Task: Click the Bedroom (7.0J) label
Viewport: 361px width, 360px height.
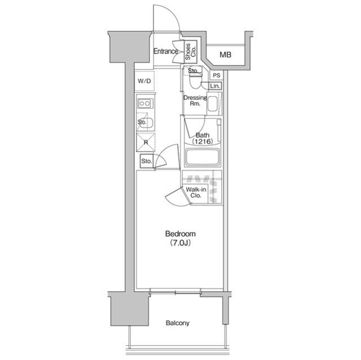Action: (x=180, y=238)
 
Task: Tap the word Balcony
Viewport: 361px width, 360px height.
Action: (x=178, y=323)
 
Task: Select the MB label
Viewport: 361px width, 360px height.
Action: (x=225, y=55)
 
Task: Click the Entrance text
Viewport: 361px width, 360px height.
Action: (x=165, y=51)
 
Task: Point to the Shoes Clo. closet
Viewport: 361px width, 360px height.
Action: (x=191, y=52)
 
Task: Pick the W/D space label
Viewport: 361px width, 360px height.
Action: (x=144, y=81)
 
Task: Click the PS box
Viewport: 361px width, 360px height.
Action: (x=217, y=75)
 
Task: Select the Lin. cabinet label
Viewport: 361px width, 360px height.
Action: (x=215, y=86)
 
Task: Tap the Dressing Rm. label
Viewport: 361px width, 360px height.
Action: (x=195, y=100)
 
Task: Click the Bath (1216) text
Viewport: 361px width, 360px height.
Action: (x=202, y=138)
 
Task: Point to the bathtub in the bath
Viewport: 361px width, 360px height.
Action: (x=202, y=157)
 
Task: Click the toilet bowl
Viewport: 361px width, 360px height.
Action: (x=195, y=81)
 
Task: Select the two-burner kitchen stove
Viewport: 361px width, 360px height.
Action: (x=145, y=104)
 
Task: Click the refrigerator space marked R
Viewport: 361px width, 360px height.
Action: (x=146, y=143)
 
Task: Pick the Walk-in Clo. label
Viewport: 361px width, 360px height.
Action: (x=196, y=193)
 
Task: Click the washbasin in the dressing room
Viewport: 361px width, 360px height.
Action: (x=213, y=104)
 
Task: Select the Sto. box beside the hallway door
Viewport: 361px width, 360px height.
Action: (x=147, y=161)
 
